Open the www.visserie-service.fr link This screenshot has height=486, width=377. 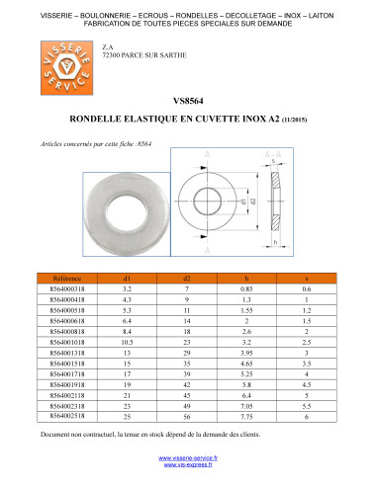pos(188,459)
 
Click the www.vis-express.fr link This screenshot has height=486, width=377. pos(188,467)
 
